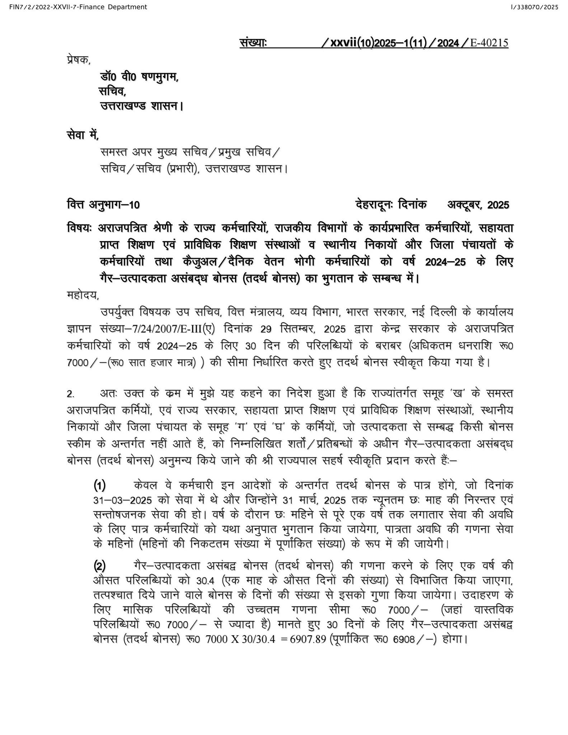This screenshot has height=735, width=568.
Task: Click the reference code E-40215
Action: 489,43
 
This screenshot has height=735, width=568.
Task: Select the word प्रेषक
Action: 79,60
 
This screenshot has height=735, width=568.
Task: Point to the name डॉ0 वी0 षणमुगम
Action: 139,77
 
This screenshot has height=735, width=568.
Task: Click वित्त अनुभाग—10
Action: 103,205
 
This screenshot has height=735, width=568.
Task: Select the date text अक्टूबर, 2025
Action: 478,205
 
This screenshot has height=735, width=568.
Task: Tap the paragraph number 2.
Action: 71,394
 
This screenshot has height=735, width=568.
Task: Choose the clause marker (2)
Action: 99,566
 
